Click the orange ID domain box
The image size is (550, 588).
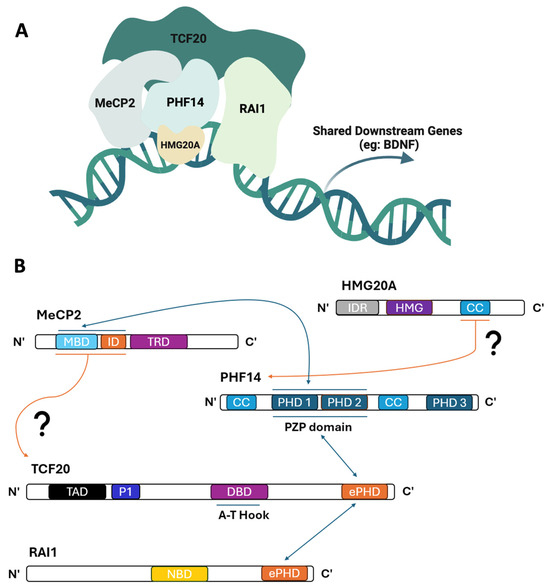point(112,342)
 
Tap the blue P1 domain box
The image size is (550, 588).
point(125,492)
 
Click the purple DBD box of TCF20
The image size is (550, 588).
point(237,492)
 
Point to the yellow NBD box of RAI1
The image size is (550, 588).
point(179,574)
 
